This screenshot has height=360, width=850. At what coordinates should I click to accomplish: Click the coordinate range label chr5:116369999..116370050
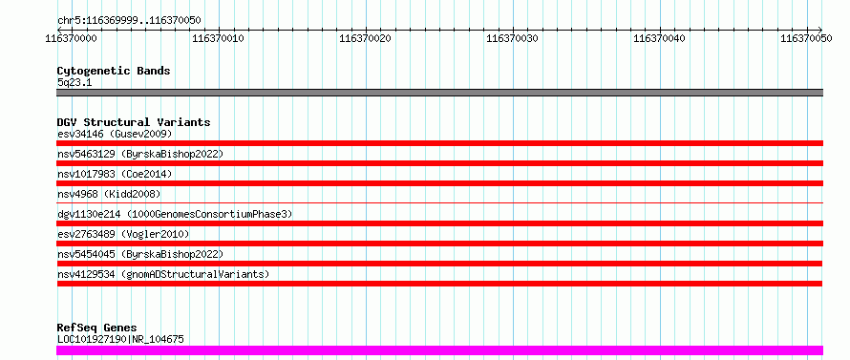(129, 21)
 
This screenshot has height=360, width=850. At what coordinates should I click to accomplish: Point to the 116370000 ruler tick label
(72, 38)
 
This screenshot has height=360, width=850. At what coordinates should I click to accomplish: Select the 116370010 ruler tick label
(218, 38)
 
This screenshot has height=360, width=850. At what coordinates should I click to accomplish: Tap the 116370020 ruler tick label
(365, 38)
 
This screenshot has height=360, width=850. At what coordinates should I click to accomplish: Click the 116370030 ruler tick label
(512, 38)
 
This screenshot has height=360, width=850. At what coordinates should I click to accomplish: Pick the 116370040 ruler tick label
(659, 38)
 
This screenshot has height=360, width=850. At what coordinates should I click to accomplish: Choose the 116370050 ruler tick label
(806, 38)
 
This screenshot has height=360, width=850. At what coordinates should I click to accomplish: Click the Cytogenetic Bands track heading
(114, 71)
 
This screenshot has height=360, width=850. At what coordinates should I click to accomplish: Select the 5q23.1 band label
(74, 82)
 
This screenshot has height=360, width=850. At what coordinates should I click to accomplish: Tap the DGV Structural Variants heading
(134, 122)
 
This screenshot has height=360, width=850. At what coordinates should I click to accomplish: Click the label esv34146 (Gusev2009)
(115, 134)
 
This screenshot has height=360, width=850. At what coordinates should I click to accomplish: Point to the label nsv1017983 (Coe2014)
(115, 174)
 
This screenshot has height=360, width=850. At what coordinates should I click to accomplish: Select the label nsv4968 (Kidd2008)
(109, 194)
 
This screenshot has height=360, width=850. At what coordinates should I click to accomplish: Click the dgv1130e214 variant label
(175, 214)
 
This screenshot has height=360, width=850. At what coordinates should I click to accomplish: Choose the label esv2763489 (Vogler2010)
(123, 234)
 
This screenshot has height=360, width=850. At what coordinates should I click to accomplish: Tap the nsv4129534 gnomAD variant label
(163, 274)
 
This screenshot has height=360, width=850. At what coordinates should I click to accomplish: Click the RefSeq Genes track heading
(97, 328)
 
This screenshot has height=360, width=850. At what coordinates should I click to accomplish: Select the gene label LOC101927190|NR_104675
(120, 340)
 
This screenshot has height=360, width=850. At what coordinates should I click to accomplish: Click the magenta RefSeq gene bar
(439, 350)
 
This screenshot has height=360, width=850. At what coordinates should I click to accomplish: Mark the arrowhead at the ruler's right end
(819, 30)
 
